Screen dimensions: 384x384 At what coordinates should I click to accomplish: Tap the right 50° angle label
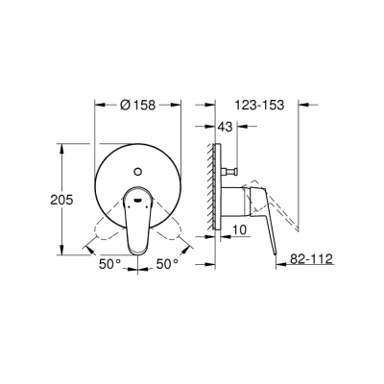167,262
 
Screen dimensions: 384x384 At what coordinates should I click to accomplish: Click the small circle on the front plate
142,171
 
